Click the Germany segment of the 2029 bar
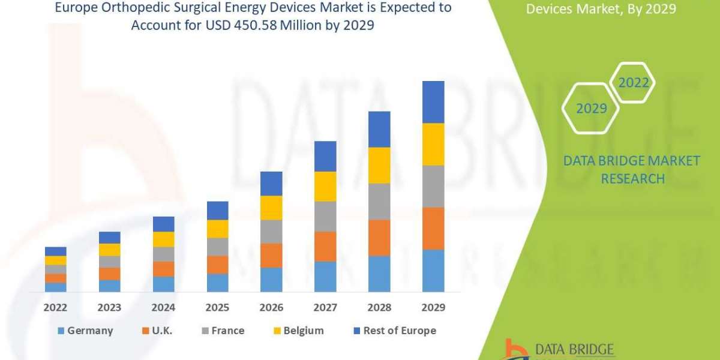433,271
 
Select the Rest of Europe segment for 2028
379,129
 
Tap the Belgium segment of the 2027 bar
325,186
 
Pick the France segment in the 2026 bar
271,232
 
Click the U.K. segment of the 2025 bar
217,265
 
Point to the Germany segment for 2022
55,287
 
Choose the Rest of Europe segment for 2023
109,238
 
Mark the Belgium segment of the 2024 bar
163,239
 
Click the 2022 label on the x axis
55,307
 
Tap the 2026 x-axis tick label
271,307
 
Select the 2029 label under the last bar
433,307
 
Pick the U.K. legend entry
157,331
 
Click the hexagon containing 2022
634,83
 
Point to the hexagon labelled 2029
591,109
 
